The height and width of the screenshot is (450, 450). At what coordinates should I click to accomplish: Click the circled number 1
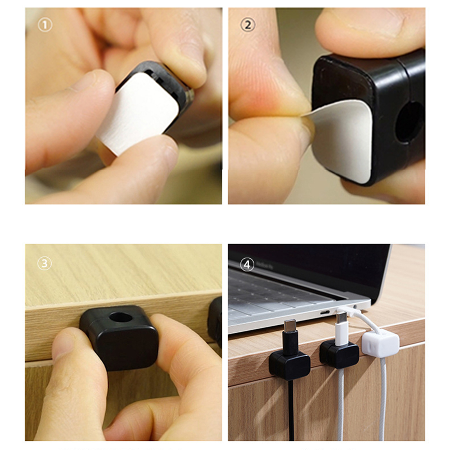pyautogui.click(x=45, y=25)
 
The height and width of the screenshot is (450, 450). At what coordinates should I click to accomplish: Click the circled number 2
pyautogui.click(x=248, y=25)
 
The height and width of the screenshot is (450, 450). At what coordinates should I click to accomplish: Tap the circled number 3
pyautogui.click(x=45, y=263)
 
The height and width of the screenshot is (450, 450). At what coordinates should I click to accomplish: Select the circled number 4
pyautogui.click(x=247, y=265)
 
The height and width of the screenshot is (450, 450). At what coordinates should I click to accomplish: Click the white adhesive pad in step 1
pyautogui.click(x=138, y=112)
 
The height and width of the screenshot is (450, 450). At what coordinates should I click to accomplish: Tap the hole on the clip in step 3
pyautogui.click(x=121, y=317)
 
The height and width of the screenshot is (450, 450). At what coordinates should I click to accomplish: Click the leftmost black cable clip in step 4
pyautogui.click(x=289, y=366)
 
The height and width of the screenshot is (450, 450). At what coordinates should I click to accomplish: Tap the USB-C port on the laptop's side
pyautogui.click(x=325, y=312)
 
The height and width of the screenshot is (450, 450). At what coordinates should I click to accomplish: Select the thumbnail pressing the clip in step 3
pyautogui.click(x=64, y=346)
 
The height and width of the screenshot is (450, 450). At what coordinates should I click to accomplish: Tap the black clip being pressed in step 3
pyautogui.click(x=119, y=337)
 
